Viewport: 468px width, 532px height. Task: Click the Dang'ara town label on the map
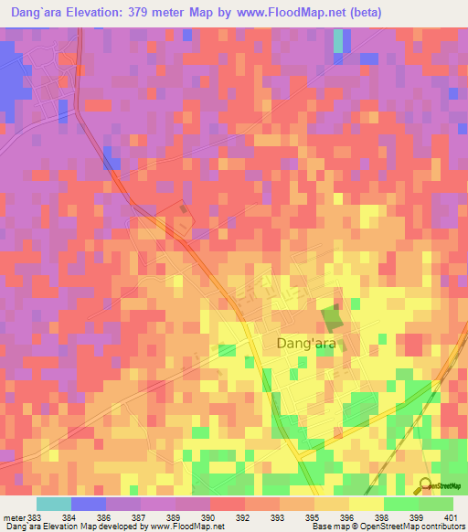tap(306, 344)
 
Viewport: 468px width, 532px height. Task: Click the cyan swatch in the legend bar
tap(54, 504)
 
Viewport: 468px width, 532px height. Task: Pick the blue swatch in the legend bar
tap(89, 504)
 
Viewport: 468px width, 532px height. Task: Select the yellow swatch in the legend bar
tap(366, 504)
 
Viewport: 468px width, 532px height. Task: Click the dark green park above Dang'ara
tap(332, 318)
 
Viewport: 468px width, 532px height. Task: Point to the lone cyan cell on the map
tap(340, 41)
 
